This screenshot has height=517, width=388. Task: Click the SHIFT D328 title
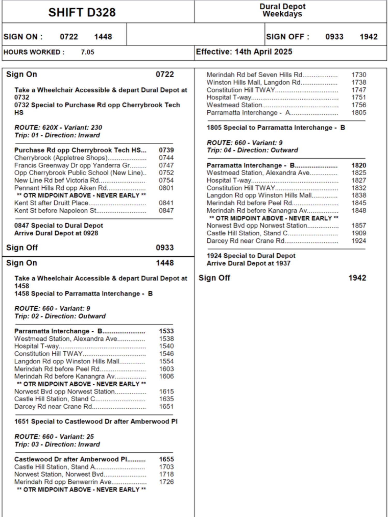(x=82, y=12)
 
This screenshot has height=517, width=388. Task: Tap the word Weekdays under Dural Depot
(x=282, y=14)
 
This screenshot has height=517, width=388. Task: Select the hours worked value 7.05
(x=87, y=52)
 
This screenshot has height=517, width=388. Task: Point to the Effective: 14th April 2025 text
(x=244, y=52)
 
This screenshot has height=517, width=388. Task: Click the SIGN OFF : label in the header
(x=287, y=37)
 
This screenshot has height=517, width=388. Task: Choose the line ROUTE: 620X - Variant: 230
(x=58, y=127)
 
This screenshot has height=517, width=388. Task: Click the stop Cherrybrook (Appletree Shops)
(x=61, y=158)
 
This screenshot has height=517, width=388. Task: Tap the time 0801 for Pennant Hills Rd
(x=166, y=188)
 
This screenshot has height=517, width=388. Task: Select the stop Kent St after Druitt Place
(x=51, y=203)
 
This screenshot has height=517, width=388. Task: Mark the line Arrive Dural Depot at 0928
(x=56, y=233)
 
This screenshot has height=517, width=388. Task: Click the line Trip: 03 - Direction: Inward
(x=57, y=444)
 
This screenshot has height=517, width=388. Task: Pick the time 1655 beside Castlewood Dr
(x=166, y=459)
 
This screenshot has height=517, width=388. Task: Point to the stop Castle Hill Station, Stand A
(x=55, y=467)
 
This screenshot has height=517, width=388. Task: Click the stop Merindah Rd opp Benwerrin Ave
(x=63, y=482)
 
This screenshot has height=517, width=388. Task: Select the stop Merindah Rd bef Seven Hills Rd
(x=254, y=75)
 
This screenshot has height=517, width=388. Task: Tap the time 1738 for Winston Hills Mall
(x=359, y=82)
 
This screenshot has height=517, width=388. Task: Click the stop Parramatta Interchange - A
(x=248, y=113)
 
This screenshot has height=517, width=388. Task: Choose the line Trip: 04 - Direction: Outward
(x=252, y=150)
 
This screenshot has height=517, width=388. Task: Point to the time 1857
(x=359, y=226)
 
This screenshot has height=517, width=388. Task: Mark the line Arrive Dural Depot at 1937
(x=248, y=263)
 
